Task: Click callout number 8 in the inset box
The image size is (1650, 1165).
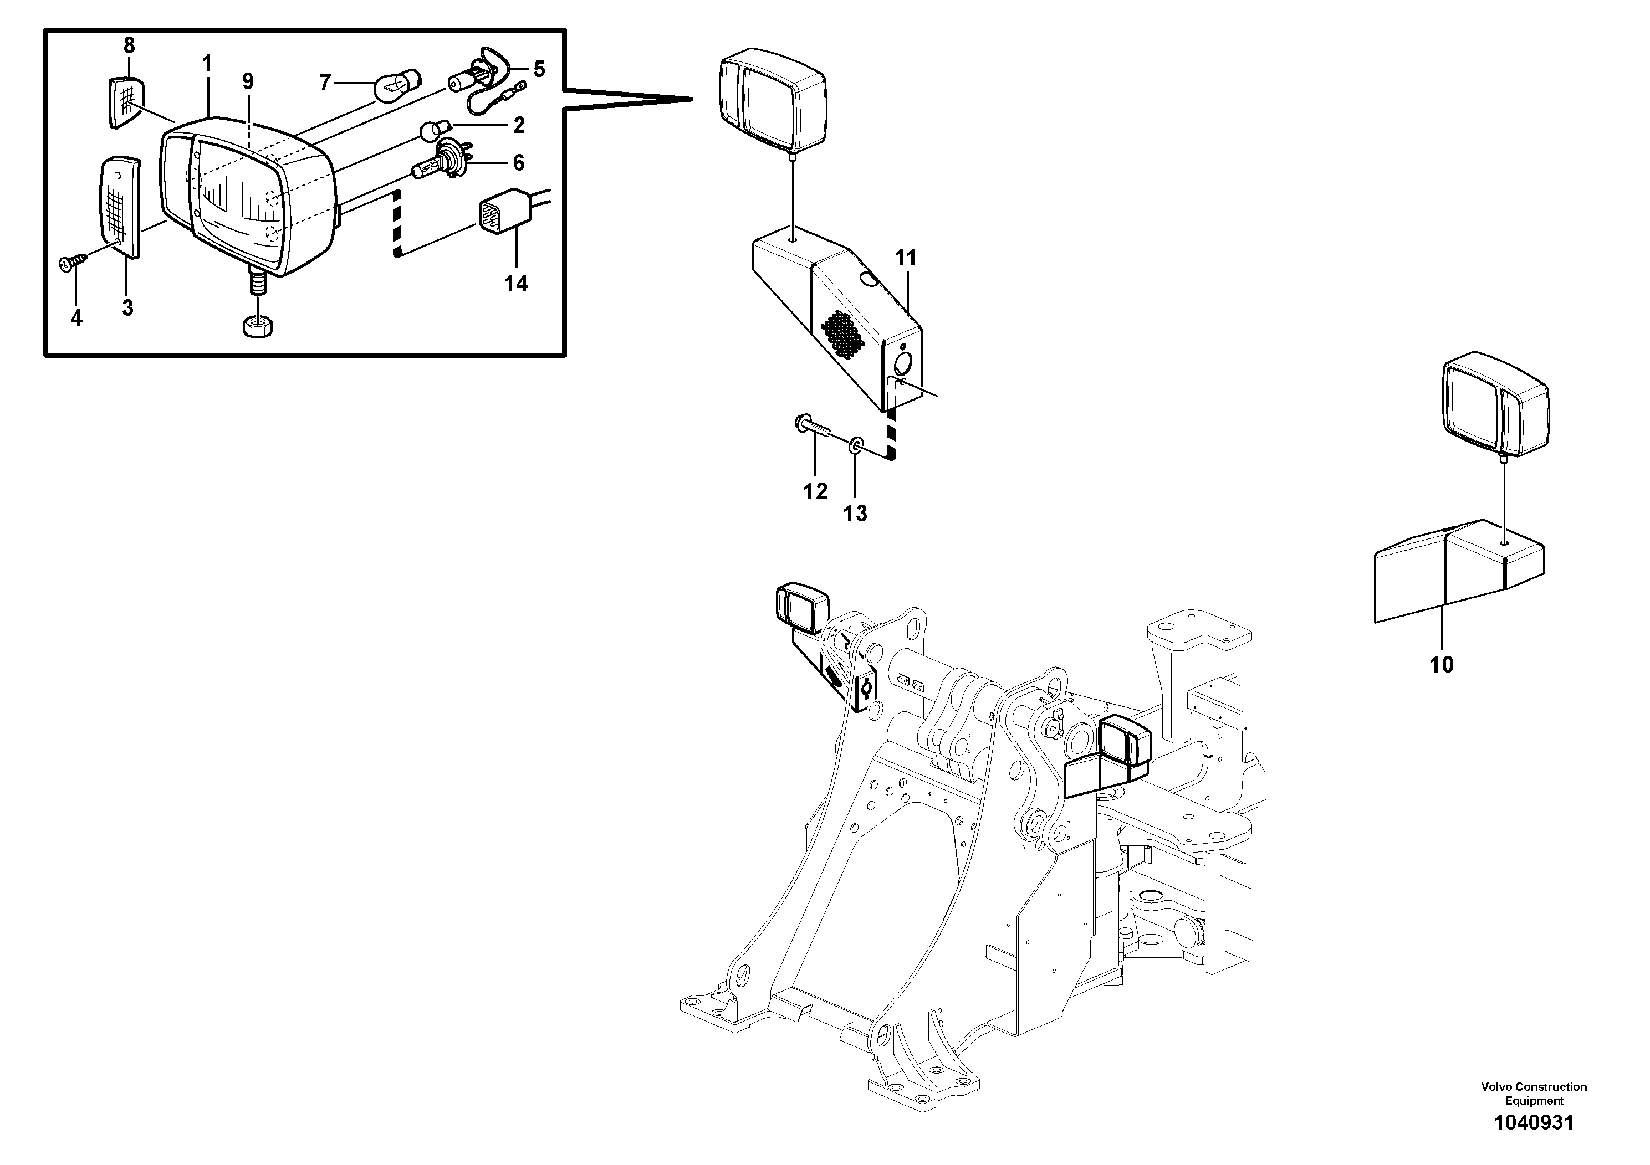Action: click(129, 46)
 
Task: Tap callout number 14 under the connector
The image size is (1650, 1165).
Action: click(516, 284)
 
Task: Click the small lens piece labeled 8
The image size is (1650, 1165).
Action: click(126, 104)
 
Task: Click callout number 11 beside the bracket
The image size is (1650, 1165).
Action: click(906, 258)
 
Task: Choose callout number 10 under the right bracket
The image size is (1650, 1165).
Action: click(1442, 664)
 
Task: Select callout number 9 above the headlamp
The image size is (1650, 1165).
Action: click(248, 82)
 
